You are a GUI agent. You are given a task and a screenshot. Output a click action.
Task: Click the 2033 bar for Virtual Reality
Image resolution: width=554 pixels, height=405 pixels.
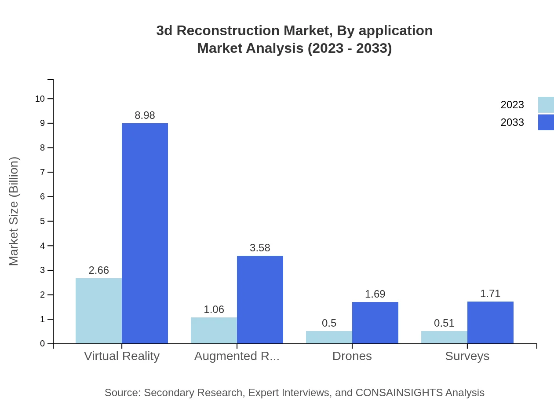145,233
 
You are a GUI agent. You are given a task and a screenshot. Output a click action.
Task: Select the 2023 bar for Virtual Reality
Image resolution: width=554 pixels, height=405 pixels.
98,311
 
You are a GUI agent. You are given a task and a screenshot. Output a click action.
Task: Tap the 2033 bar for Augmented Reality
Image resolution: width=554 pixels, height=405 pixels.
260,299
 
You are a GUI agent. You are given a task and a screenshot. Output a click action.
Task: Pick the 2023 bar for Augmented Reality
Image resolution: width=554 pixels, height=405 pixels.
214,330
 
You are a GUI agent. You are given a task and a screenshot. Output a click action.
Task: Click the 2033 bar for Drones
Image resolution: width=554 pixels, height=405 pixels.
375,323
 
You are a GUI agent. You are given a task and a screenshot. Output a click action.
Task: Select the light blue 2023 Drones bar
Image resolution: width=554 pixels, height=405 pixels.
329,337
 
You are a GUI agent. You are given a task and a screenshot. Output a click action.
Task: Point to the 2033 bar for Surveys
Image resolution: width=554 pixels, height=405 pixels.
490,322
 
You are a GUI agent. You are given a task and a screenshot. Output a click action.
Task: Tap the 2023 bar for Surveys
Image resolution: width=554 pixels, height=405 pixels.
444,337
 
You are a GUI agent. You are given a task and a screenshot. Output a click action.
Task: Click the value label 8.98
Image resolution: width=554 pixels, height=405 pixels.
145,115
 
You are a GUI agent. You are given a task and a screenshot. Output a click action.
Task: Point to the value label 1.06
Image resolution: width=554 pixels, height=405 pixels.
214,309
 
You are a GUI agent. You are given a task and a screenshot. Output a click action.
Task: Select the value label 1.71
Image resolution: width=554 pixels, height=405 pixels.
490,294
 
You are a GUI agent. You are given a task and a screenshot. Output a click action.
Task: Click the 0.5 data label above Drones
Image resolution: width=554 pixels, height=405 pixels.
329,323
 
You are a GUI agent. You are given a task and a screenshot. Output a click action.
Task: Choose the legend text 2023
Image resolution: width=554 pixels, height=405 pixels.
512,105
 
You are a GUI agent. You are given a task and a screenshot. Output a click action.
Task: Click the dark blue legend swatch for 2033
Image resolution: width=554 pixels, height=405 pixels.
546,122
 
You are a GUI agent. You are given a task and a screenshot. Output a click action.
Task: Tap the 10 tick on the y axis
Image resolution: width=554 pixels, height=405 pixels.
40,99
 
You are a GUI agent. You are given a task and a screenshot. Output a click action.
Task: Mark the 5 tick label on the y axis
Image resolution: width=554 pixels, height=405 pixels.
43,221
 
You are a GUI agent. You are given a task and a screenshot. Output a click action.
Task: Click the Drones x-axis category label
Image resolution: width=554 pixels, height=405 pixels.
352,356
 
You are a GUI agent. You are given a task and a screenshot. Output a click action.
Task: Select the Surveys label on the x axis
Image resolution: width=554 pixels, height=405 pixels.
467,356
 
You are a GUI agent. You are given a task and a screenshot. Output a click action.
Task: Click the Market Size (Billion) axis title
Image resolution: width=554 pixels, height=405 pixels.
14,211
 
